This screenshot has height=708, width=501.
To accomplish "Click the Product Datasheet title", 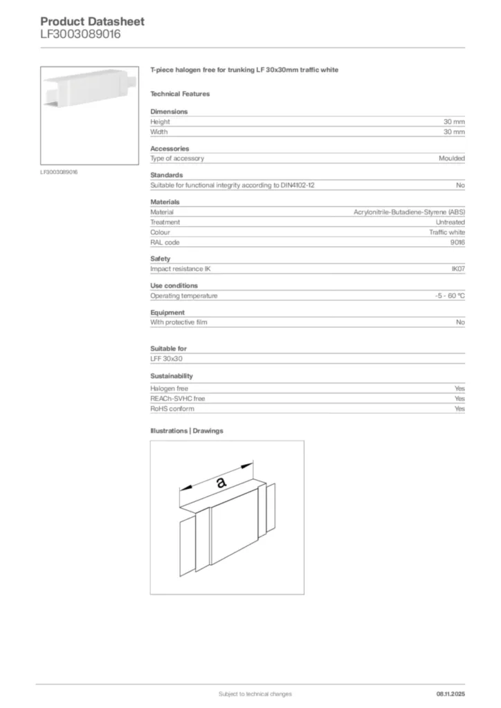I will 92,21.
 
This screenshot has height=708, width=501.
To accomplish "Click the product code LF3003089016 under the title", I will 80,34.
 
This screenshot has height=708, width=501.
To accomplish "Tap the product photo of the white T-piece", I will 90,114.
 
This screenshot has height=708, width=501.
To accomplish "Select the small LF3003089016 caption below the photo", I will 59,171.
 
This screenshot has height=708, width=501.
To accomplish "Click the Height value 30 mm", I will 454,122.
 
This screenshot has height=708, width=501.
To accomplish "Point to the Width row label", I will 159,131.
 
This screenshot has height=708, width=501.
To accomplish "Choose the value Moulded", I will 452,158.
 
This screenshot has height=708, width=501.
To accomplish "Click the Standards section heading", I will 167,175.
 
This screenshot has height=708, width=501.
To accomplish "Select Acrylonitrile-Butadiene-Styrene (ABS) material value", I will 409,212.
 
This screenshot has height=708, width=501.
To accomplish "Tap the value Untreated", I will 450,222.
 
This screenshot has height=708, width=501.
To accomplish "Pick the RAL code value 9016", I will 457,243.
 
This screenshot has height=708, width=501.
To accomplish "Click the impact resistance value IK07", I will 457,268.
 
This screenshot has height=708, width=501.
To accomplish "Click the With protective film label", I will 179,322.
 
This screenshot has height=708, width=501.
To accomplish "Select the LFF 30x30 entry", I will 166,359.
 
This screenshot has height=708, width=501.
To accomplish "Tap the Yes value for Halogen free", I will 459,389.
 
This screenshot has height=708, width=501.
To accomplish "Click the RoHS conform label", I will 172,409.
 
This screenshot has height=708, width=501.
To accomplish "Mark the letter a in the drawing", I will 221,483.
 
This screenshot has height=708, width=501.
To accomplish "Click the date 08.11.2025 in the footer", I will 450,693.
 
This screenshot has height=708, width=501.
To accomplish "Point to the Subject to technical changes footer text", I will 255,693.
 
